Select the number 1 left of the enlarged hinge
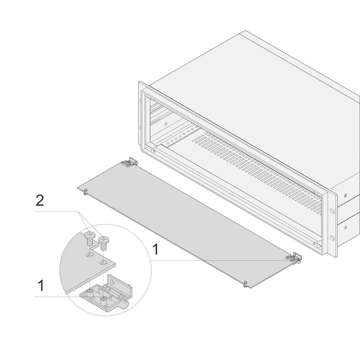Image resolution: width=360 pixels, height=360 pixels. pos(40,285)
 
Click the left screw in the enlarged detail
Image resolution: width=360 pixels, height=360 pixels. pos(89,237)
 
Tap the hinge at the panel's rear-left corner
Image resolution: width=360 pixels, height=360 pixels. pos(130,162)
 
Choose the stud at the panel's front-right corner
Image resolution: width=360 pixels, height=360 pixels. pos(245,283)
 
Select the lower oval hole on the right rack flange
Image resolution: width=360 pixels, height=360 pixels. pos(333,237)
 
